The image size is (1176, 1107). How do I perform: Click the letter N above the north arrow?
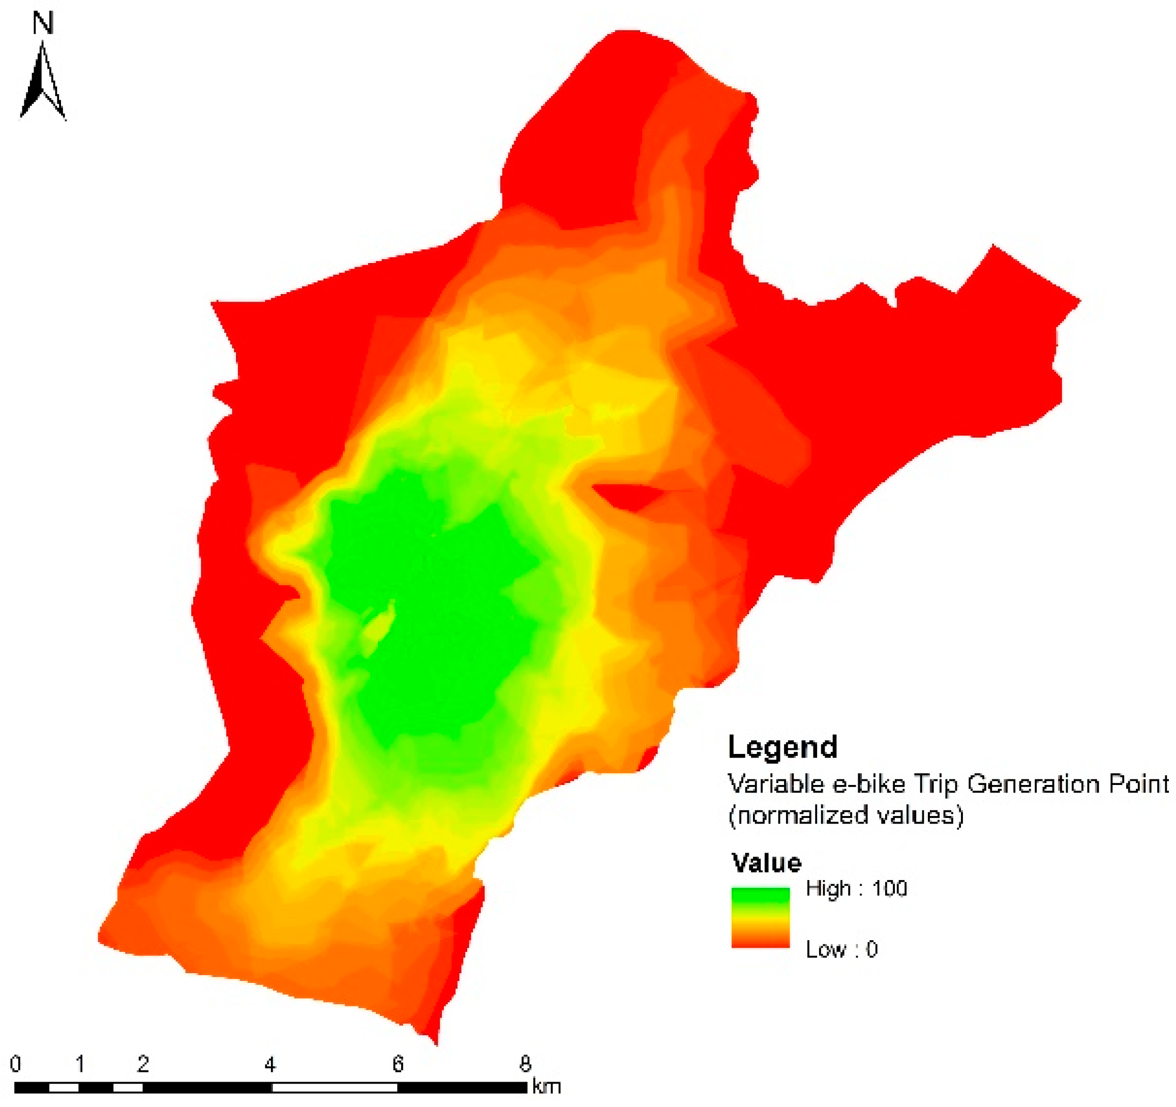(x=43, y=24)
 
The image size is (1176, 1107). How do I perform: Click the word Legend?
(x=782, y=747)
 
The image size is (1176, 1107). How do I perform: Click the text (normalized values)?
(x=846, y=815)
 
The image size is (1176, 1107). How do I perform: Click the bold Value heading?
(x=767, y=863)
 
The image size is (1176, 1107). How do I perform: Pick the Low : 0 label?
(x=841, y=949)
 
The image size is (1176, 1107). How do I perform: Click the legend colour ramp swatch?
(x=760, y=918)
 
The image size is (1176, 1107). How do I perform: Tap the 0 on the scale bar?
(x=16, y=1064)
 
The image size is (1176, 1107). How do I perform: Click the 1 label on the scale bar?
(x=80, y=1064)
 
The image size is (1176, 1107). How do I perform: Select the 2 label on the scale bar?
(x=142, y=1064)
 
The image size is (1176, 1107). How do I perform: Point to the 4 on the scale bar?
(x=270, y=1064)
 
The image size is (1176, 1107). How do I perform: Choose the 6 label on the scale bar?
(x=398, y=1064)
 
